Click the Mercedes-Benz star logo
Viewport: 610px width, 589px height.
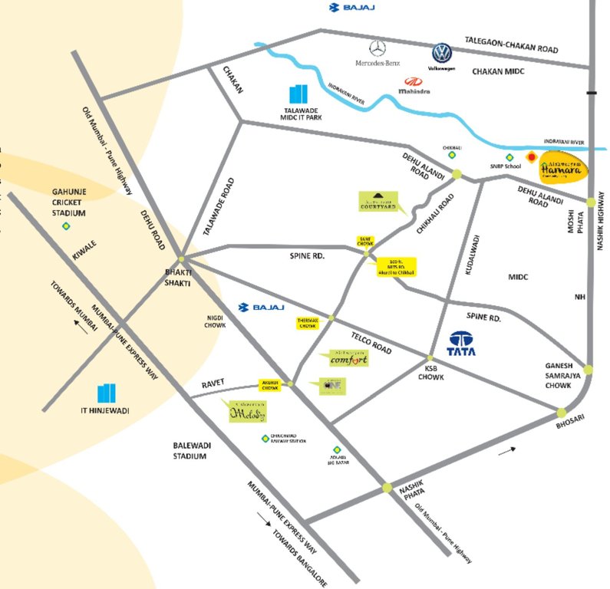click(x=376, y=48)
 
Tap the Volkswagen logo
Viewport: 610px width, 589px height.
click(x=441, y=53)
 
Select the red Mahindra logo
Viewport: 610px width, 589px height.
click(x=414, y=82)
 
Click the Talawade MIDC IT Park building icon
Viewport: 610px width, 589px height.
click(x=296, y=95)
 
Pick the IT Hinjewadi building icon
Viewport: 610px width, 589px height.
click(x=106, y=393)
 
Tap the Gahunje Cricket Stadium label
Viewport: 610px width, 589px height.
click(x=69, y=202)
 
